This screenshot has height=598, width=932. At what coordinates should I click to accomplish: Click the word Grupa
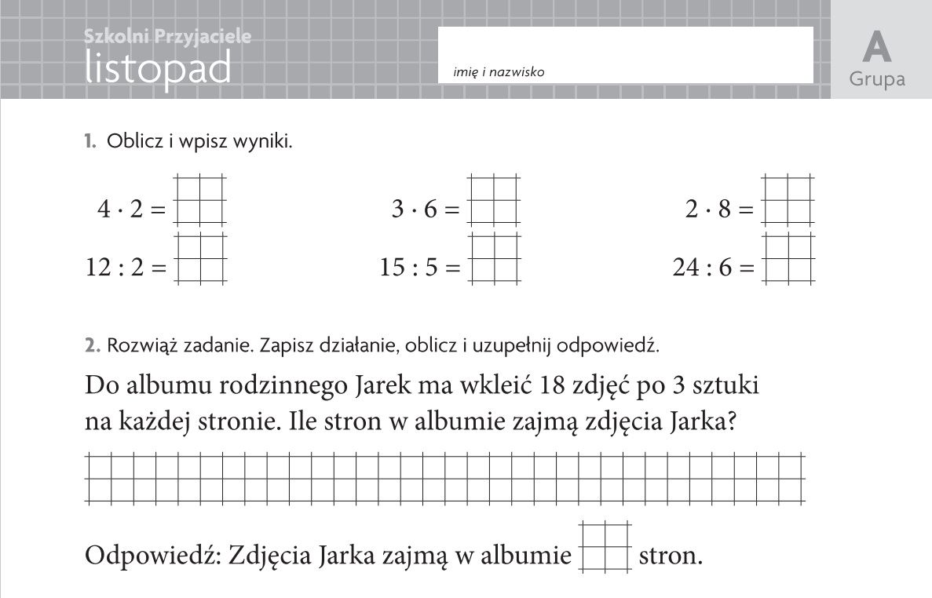pos(877,79)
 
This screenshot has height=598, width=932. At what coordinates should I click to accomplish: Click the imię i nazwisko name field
pos(625,53)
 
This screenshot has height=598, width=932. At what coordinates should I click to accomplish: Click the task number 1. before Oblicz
pos(90,142)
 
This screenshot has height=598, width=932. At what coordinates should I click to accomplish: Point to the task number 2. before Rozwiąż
pos(92,345)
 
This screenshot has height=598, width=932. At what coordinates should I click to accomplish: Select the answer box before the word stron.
pos(605,546)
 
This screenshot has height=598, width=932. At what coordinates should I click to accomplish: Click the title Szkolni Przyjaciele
pos(167,36)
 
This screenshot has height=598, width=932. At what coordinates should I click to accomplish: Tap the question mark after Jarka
pos(730,423)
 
